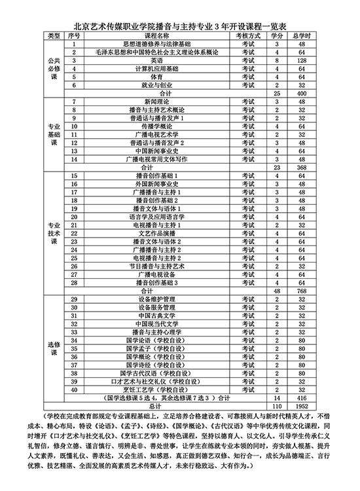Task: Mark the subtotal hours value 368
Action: point(302,167)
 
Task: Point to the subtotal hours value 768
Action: point(302,290)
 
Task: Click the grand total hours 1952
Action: point(302,406)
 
